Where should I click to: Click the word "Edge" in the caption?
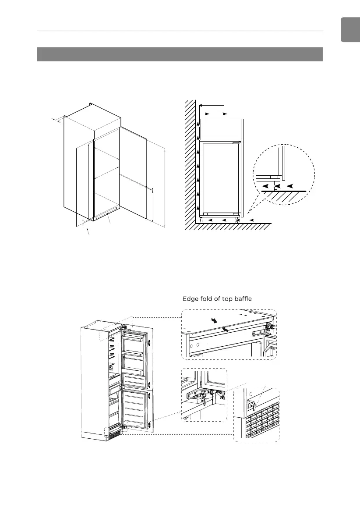pyautogui.click(x=191, y=299)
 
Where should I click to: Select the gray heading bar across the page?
pyautogui.click(x=180, y=54)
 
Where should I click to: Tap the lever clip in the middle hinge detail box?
pyautogui.click(x=202, y=400)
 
